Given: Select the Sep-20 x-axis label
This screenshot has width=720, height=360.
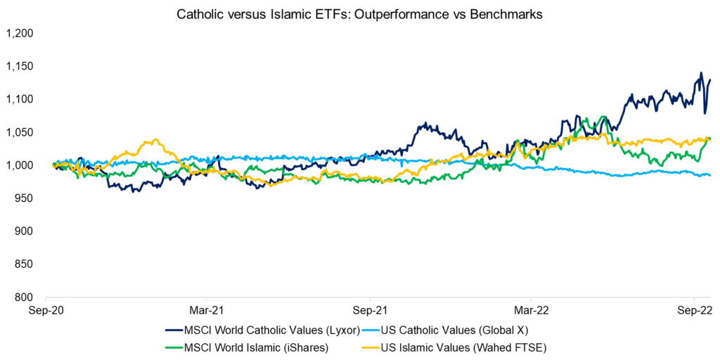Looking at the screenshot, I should click(46, 309).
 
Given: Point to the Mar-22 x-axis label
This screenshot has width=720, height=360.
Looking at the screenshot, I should click(532, 309).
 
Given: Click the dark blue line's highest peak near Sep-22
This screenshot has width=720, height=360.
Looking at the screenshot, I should click(700, 72).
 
